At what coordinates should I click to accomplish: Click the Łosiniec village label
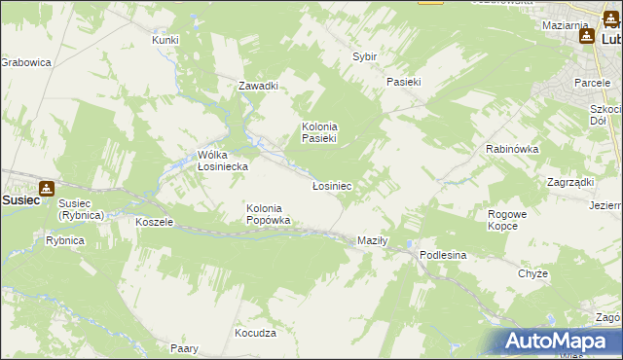(x=331, y=185)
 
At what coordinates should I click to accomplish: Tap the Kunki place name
(x=165, y=40)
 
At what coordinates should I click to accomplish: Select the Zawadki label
(x=259, y=86)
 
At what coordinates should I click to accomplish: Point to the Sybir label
(x=364, y=57)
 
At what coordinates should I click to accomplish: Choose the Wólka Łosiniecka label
(x=223, y=161)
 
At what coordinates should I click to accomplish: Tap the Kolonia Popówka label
(x=264, y=214)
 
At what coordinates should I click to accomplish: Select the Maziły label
(x=373, y=240)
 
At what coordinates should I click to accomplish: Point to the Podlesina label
(x=444, y=255)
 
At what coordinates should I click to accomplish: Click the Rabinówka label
(x=512, y=149)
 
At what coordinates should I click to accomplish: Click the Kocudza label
(x=255, y=333)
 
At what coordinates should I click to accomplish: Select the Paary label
(x=185, y=348)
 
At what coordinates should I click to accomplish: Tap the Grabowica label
(x=25, y=62)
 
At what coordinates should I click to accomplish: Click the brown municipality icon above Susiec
(x=46, y=188)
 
